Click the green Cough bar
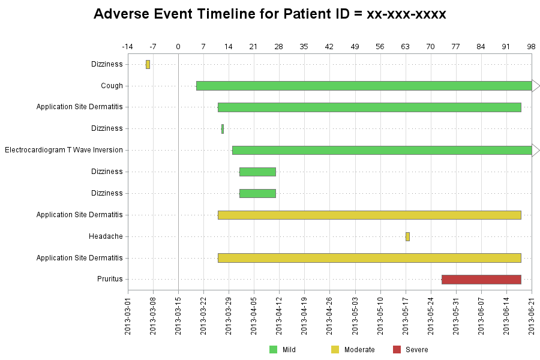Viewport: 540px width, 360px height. click(x=364, y=86)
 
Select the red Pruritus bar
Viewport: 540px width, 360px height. click(x=481, y=280)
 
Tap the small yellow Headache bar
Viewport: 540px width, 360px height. click(x=408, y=236)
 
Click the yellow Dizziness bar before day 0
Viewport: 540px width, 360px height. click(x=148, y=64)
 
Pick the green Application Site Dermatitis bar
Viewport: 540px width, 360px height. click(x=370, y=107)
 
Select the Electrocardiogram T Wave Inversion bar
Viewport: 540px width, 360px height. click(x=382, y=150)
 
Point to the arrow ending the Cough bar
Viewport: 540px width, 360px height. click(x=536, y=86)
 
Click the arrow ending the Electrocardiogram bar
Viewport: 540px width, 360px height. click(x=536, y=150)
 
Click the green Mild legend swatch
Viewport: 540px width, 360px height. click(x=273, y=350)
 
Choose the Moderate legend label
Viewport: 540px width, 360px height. click(x=359, y=350)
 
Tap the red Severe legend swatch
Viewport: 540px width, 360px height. click(x=397, y=350)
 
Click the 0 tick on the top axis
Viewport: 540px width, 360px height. click(x=178, y=47)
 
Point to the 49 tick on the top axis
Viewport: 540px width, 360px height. click(x=355, y=47)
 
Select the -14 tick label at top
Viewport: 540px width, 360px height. click(x=127, y=47)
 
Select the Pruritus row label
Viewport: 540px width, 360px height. click(x=110, y=279)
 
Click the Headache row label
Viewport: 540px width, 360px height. click(x=106, y=236)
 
